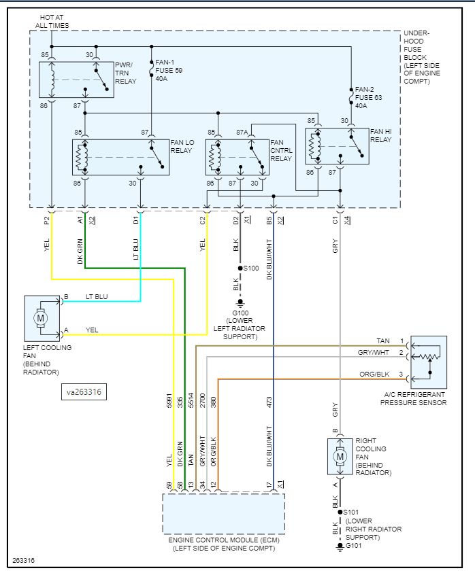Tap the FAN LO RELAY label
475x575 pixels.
pos(182,146)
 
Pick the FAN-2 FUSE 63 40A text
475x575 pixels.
pos(367,97)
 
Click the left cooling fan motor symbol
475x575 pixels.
pos(40,317)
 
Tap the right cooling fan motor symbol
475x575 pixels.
pos(339,456)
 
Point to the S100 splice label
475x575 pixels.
pos(251,268)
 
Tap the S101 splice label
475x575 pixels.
pos(351,512)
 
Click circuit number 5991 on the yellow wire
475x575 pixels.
pos(170,401)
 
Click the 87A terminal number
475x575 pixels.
pos(242,132)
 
